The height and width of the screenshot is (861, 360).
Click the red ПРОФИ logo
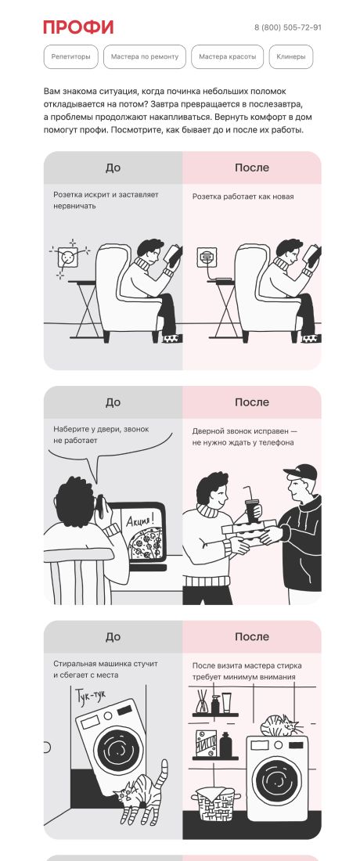pos(78,27)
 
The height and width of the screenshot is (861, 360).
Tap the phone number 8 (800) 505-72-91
pos(288,27)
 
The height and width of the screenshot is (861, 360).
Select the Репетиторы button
pos(70,56)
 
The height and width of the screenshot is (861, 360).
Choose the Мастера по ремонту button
pos(145,56)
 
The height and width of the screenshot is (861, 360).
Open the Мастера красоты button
pos(227,56)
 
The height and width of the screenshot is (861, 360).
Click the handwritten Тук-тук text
pos(89,697)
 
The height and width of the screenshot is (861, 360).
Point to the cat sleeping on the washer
pos(280,726)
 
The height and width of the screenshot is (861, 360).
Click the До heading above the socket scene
pos(113,168)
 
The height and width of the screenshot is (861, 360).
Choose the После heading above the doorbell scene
pos(252,402)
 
